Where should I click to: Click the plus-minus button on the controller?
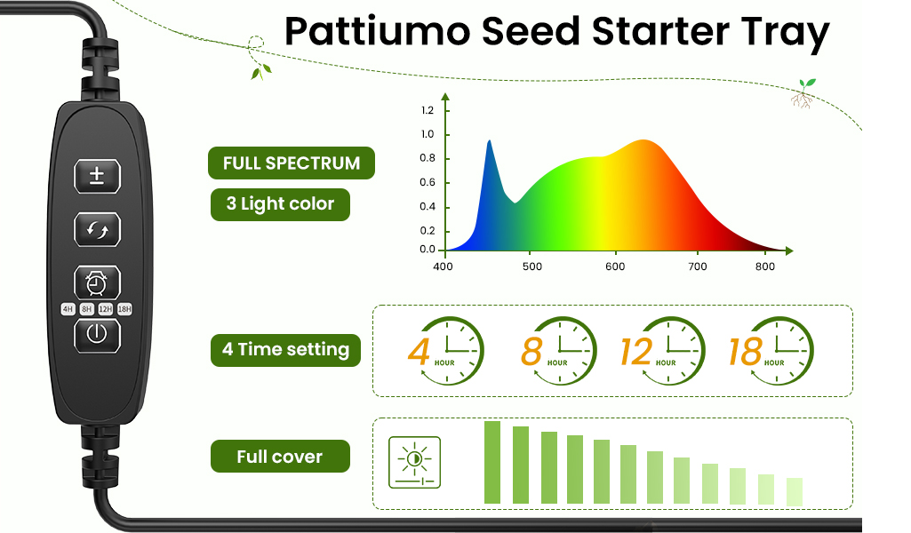97,176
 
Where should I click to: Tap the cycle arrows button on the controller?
97,230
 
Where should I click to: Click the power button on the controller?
97,335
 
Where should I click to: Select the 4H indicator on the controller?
68,309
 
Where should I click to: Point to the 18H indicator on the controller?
125,309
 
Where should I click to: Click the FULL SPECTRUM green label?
292,163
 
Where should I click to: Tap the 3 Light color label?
280,204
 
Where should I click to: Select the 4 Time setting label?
285,350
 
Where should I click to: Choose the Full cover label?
280,457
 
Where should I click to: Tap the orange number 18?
746,351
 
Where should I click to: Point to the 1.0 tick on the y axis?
428,134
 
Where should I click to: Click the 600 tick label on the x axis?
615,266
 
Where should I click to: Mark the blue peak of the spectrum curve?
489,141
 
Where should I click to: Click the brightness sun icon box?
414,462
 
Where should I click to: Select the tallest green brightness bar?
492,462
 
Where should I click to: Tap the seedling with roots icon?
803,93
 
